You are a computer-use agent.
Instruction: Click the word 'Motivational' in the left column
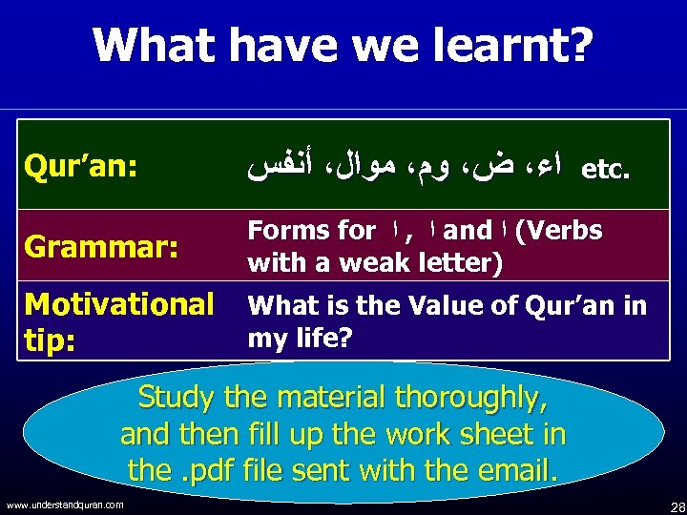coord(119,304)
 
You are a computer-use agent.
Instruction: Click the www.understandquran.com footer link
coord(64,505)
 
